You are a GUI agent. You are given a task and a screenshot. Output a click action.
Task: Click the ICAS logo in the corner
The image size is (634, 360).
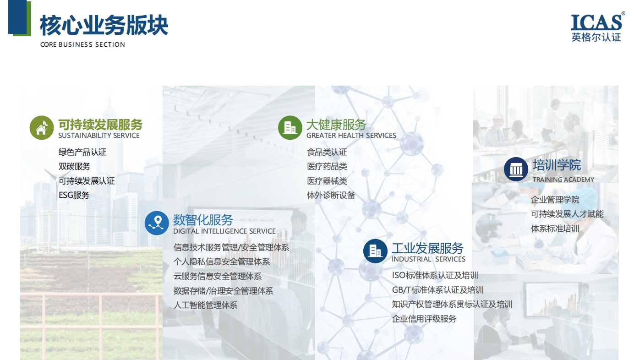click(x=598, y=27)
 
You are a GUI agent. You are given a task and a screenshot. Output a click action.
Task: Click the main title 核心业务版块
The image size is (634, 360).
click(x=104, y=26)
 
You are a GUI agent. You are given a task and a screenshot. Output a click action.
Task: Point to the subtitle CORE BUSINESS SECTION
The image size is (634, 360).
click(x=82, y=44)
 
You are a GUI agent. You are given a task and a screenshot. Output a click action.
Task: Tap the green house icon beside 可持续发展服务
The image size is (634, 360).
click(x=42, y=128)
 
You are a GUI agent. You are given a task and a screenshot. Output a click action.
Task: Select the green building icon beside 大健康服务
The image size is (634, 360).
click(x=290, y=128)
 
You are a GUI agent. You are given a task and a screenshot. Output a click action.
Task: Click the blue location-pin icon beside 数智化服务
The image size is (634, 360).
click(x=157, y=223)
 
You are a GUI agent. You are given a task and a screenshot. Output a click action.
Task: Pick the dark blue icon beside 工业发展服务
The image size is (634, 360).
click(x=375, y=251)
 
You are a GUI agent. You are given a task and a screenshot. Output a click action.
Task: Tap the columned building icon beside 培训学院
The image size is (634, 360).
click(x=516, y=169)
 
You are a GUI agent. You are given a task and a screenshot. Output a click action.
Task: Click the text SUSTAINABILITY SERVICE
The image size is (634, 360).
click(x=99, y=136)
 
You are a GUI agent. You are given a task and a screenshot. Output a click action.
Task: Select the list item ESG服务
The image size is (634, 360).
click(x=74, y=195)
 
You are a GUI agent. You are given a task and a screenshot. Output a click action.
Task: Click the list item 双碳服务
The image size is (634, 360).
click(x=74, y=166)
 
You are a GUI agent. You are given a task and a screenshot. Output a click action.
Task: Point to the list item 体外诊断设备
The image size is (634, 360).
click(x=331, y=195)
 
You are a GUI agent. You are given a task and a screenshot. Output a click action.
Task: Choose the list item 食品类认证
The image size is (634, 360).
click(x=327, y=152)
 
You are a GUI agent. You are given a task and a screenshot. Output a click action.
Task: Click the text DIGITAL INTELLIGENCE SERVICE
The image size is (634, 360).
click(x=224, y=231)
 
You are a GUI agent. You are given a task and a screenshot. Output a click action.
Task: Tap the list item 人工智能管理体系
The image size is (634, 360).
click(x=206, y=305)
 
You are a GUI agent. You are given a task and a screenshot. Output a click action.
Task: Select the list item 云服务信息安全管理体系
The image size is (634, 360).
click(x=218, y=276)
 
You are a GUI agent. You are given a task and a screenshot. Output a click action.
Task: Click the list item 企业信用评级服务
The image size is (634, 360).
click(x=424, y=319)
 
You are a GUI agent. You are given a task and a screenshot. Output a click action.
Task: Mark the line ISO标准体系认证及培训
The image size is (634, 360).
click(x=435, y=275)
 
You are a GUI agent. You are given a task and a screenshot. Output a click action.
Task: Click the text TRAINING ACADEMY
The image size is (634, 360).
click(x=563, y=180)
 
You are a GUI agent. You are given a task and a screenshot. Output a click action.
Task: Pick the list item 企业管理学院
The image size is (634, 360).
click(x=555, y=200)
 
